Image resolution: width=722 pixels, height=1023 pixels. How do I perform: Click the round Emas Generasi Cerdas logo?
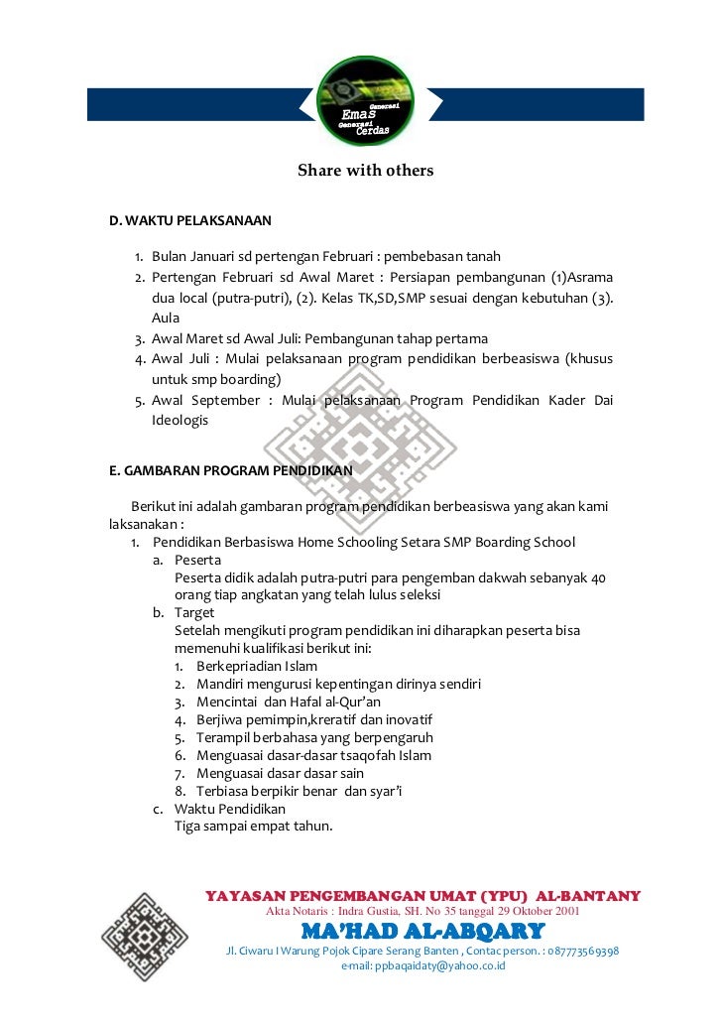pos(365,104)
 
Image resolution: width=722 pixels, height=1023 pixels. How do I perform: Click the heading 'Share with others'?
pos(365,171)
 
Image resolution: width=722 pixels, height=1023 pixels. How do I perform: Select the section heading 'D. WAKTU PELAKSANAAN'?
pos(190,219)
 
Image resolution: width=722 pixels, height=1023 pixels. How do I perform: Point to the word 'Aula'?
pos(166,318)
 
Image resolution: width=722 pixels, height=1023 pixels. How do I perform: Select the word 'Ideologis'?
pos(180,420)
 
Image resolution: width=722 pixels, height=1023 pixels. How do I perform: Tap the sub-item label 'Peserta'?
pos(197,560)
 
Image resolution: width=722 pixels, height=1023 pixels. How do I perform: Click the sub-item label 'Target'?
pos(194,613)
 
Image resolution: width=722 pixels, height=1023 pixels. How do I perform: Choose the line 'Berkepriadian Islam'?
pos(257,666)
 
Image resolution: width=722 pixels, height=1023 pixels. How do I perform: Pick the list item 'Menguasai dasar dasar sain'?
pos(280,773)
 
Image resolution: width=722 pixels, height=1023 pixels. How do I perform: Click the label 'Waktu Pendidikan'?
pos(229,809)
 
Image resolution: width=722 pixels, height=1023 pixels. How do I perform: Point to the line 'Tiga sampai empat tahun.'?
pos(253,827)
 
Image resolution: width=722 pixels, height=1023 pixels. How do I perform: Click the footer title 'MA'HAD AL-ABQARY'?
pos(422,931)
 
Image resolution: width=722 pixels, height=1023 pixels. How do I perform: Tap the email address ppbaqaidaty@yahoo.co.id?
pos(422,964)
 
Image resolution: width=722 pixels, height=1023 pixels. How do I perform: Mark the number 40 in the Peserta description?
pos(598,577)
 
